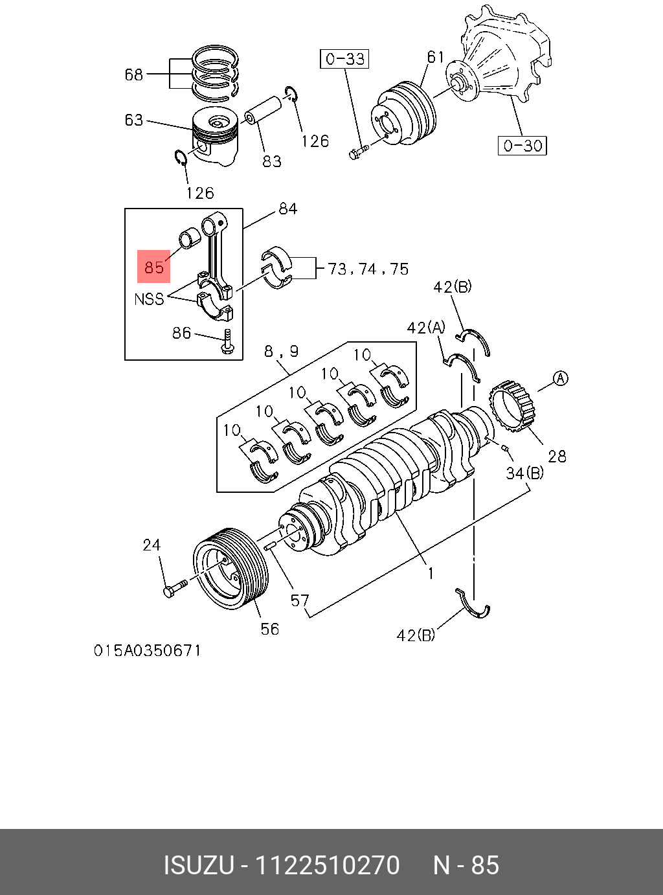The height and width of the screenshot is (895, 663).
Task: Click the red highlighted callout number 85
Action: click(153, 267)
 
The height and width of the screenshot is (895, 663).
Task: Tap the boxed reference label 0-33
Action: click(344, 59)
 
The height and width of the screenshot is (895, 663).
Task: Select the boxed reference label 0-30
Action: click(523, 145)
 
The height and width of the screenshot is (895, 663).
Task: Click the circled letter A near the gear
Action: click(561, 378)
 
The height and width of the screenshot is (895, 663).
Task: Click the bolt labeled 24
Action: click(174, 589)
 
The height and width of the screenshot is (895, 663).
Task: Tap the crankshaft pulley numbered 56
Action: click(230, 569)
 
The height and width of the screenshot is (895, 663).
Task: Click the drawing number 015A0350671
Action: click(148, 650)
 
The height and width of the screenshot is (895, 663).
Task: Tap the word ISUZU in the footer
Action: click(198, 865)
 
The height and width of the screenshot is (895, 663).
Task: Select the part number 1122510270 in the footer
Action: click(328, 865)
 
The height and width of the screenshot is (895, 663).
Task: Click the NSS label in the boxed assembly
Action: click(149, 299)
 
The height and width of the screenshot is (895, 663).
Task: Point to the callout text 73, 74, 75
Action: click(368, 269)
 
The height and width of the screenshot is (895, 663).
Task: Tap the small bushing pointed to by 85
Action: click(190, 238)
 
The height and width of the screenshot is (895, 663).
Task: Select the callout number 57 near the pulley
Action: click(300, 600)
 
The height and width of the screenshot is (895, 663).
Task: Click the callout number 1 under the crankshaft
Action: click(430, 572)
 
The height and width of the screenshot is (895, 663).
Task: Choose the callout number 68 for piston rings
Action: click(133, 74)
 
